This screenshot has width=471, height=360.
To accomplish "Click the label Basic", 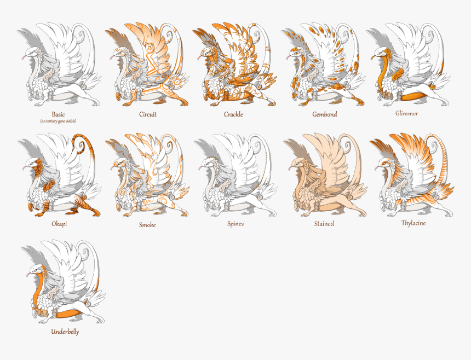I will point(58,115).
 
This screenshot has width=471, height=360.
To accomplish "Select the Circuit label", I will point(147,115).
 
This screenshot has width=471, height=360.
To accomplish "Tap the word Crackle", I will point(233,114).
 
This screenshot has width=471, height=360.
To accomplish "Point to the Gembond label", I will point(324,114).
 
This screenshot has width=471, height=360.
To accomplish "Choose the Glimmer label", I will point(406,113).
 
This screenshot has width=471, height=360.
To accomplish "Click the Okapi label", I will point(59,224).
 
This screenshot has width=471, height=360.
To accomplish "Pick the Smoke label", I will point(147,225).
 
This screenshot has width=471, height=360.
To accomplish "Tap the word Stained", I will point(324,224).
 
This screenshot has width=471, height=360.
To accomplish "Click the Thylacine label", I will point(413,223).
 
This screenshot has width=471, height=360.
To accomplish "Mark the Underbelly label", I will point(65,332).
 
